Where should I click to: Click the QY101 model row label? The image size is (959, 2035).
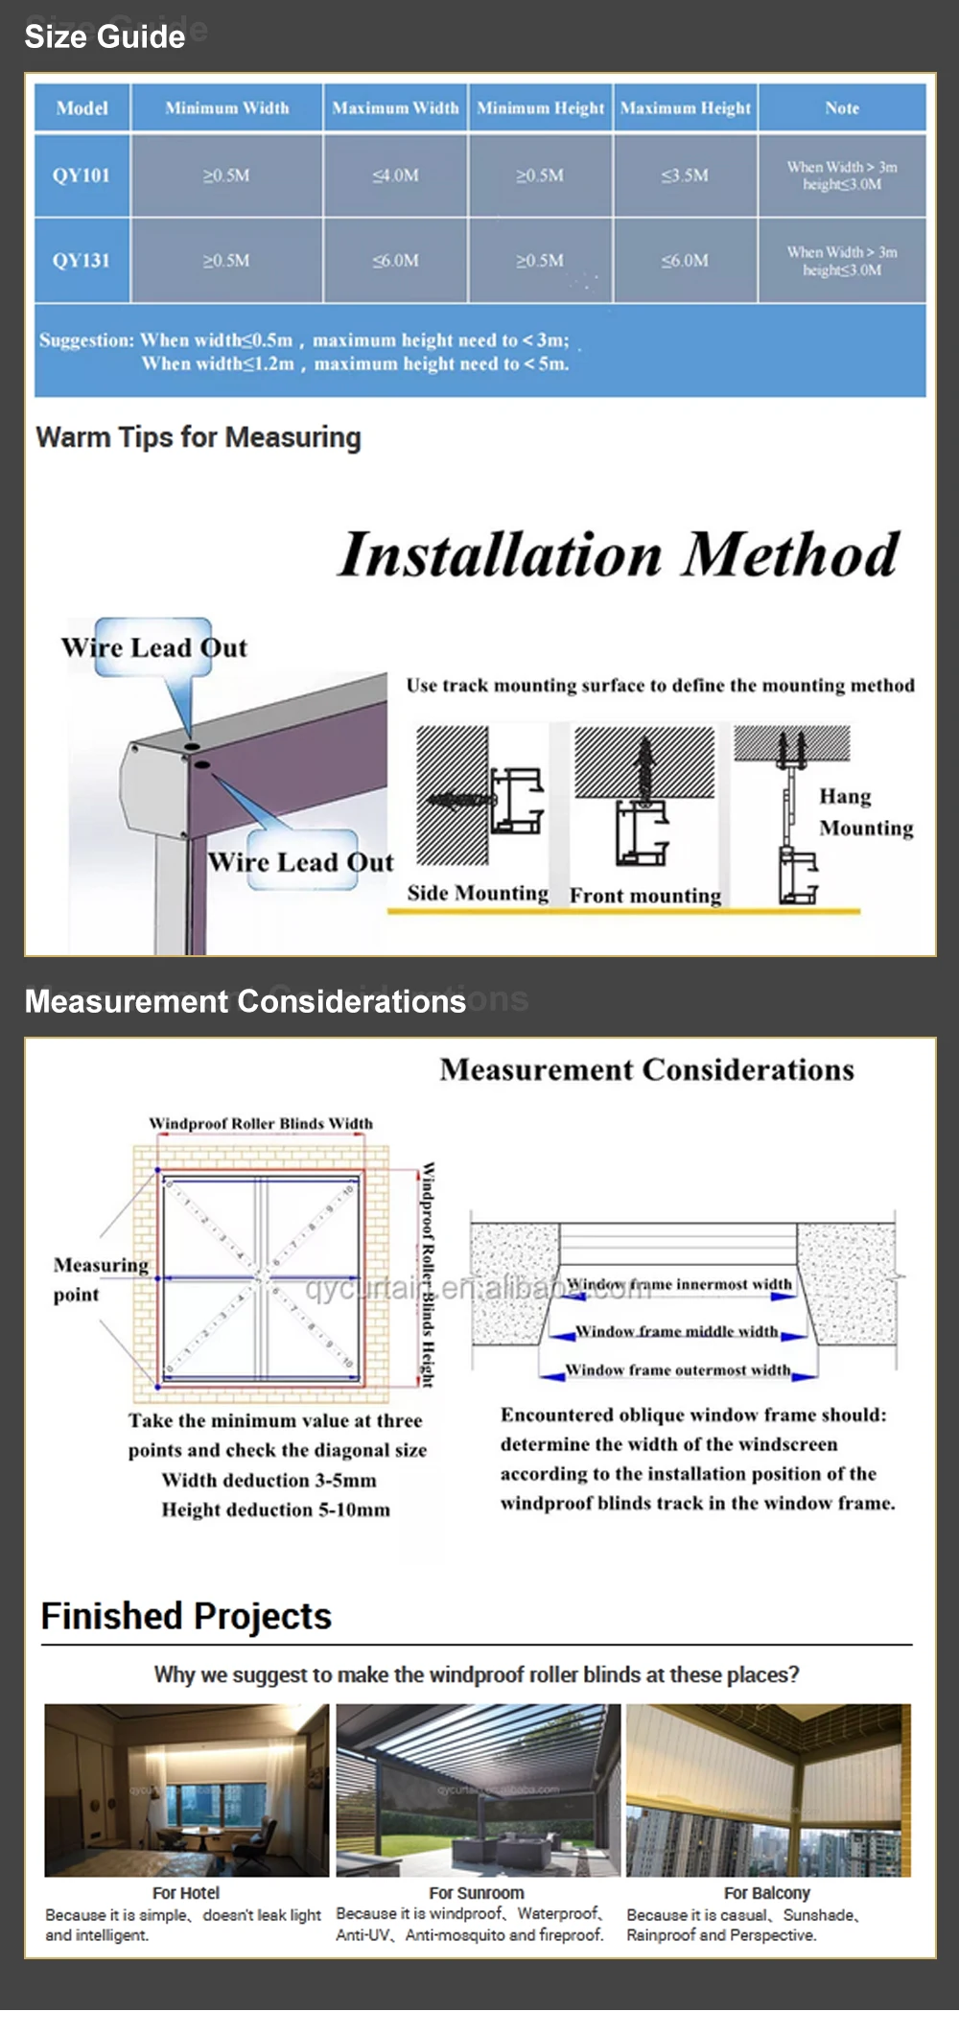coord(82,175)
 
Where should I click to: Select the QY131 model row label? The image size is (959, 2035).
coord(82,260)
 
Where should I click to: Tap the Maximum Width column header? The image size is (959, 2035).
coord(395,108)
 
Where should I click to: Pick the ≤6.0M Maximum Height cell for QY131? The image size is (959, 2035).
coord(685,260)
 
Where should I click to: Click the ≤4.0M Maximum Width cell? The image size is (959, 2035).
coord(395,175)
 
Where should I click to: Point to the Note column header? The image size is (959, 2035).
coord(842,108)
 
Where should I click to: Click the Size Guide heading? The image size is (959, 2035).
coord(105,36)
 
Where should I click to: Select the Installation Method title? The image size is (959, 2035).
coord(619,554)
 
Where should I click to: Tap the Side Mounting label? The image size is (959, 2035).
coord(478,893)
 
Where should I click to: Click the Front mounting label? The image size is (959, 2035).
coord(645,895)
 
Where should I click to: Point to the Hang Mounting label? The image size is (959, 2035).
coord(865,811)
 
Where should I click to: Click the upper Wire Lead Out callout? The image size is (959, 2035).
coord(154,647)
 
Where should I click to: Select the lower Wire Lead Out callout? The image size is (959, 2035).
coord(301,861)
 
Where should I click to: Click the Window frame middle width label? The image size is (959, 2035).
coord(677,1331)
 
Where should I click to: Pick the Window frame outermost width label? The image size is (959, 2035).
coord(678,1369)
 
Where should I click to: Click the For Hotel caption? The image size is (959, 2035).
coord(186,1892)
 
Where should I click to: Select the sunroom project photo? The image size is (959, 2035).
coord(478,1789)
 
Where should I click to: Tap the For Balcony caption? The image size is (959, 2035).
coord(767,1892)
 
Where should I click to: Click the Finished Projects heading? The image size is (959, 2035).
coord(186,1616)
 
